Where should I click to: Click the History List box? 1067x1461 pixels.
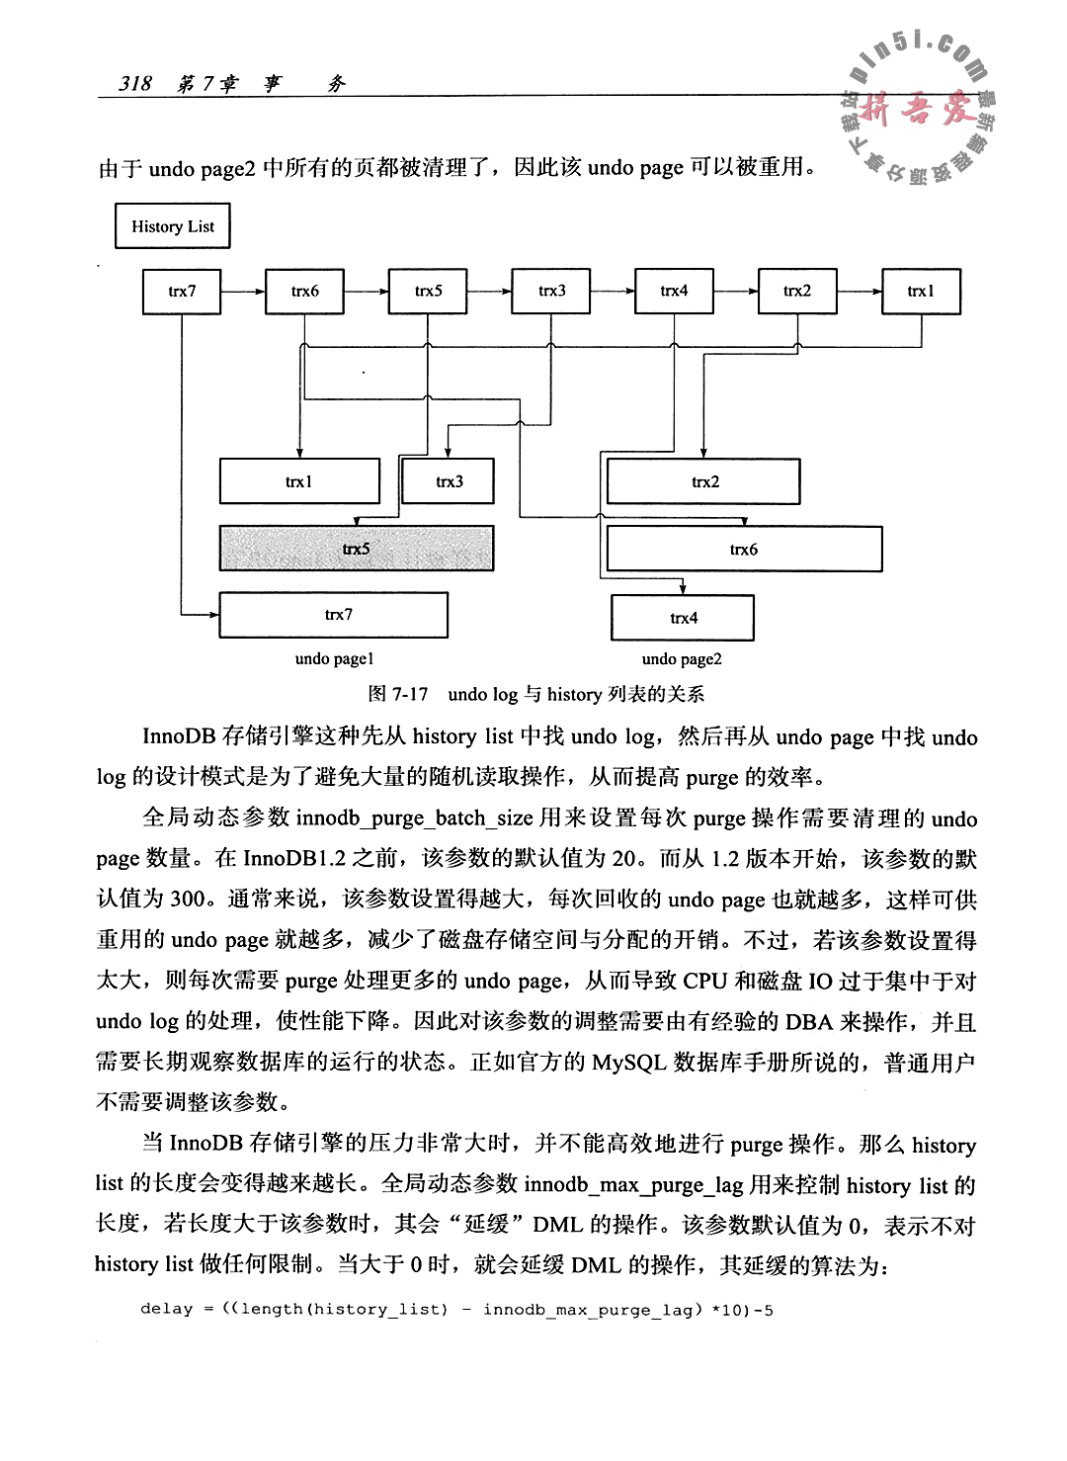[x=172, y=226]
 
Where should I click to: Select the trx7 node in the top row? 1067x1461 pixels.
[x=183, y=291]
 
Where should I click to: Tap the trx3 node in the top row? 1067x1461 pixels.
[x=551, y=291]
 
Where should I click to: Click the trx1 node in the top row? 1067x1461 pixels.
[x=921, y=291]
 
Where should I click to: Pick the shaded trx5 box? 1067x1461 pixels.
[x=356, y=548]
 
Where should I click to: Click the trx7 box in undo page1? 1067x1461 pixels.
[x=333, y=615]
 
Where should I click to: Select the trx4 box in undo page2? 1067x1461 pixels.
[x=683, y=618]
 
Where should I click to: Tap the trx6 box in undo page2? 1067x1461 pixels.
[x=743, y=549]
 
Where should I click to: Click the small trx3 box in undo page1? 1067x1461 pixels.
[x=449, y=481]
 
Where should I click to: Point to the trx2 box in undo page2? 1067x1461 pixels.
[x=703, y=481]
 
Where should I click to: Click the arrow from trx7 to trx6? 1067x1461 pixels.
[x=244, y=291]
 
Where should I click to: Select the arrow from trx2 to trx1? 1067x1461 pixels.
[x=860, y=291]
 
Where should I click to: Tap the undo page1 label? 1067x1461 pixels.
[x=333, y=658]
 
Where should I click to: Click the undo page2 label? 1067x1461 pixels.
[x=682, y=658]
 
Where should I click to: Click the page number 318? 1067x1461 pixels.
[x=134, y=85]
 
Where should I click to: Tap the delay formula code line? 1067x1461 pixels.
[x=456, y=1310]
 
